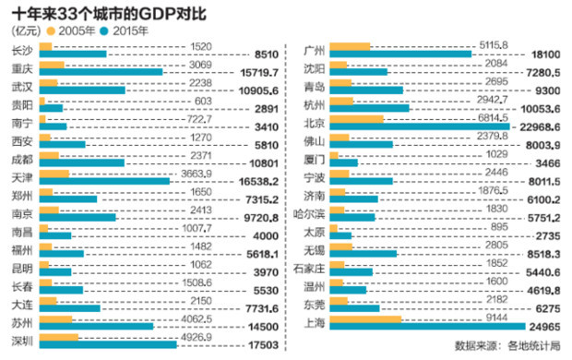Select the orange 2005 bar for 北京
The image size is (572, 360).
coord(355,118)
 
